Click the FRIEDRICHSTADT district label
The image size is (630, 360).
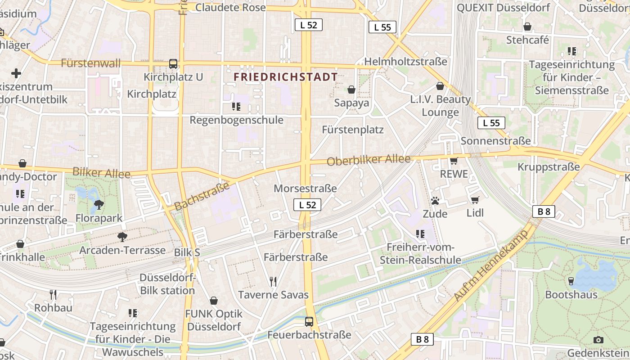point(286,77)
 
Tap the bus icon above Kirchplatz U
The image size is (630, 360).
point(173,64)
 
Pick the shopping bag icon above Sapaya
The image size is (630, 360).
point(351,90)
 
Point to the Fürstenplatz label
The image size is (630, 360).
point(353,130)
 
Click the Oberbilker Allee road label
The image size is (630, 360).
point(369,160)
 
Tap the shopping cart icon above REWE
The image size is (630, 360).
point(454,161)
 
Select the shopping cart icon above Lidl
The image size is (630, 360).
point(475,200)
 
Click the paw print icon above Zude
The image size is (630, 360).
point(435,201)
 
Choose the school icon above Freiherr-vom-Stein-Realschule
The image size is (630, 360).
point(420,234)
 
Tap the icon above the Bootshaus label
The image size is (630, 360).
point(571,281)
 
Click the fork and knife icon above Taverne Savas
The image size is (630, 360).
point(273,282)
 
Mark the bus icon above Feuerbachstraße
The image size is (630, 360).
point(309,322)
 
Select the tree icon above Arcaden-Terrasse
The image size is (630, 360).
point(122,237)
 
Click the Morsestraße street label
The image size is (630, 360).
point(305,188)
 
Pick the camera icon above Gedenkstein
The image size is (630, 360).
point(598,340)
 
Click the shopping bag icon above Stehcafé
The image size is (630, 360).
point(527,27)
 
